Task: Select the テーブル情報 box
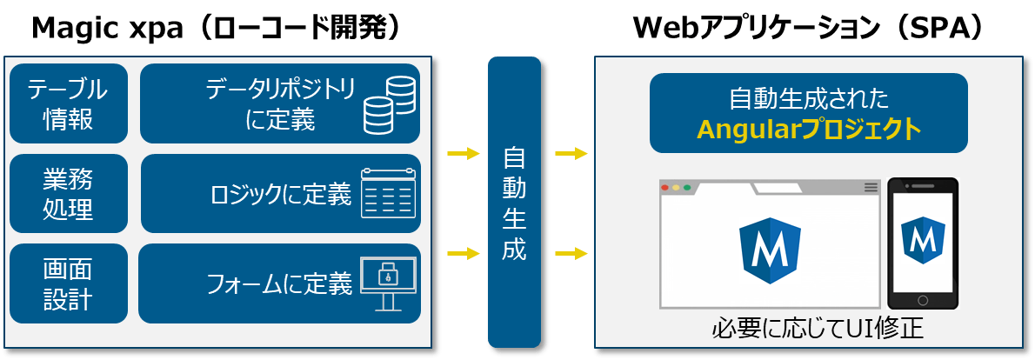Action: pos(68,103)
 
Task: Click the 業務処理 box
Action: pos(68,194)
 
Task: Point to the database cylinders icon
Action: pos(389,103)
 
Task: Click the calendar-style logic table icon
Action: pos(388,193)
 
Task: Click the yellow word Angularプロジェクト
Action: pos(808,130)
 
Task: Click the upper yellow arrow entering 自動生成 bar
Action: pos(464,155)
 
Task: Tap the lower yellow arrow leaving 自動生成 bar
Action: pos(571,254)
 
